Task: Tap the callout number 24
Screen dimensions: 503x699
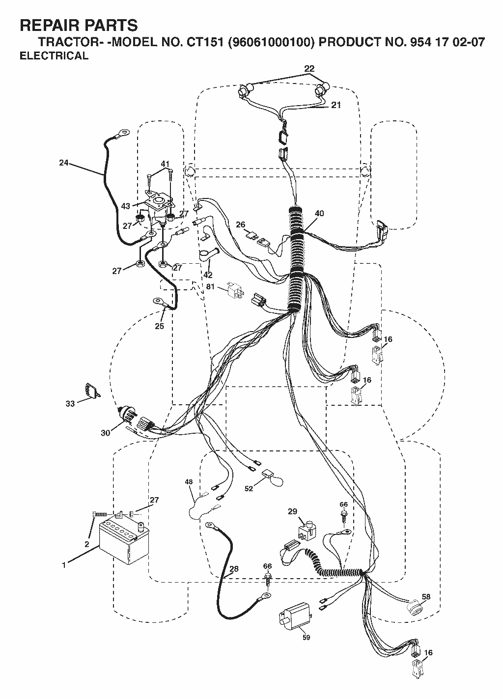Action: [x=64, y=163]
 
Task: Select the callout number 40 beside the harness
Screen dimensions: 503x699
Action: [x=319, y=214]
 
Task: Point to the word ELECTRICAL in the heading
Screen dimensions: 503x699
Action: [x=54, y=56]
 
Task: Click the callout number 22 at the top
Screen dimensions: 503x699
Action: [x=309, y=68]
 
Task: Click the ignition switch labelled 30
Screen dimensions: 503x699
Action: [x=127, y=415]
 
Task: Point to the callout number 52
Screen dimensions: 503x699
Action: [x=249, y=488]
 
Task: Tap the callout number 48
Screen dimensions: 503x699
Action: [x=189, y=482]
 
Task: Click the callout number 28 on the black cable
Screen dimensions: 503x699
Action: [x=234, y=569]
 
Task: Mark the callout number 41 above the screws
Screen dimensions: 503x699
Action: [x=165, y=164]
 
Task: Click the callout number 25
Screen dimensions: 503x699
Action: [x=160, y=326]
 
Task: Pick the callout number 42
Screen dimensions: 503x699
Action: [x=208, y=275]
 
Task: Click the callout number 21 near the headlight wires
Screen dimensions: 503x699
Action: [x=336, y=105]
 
